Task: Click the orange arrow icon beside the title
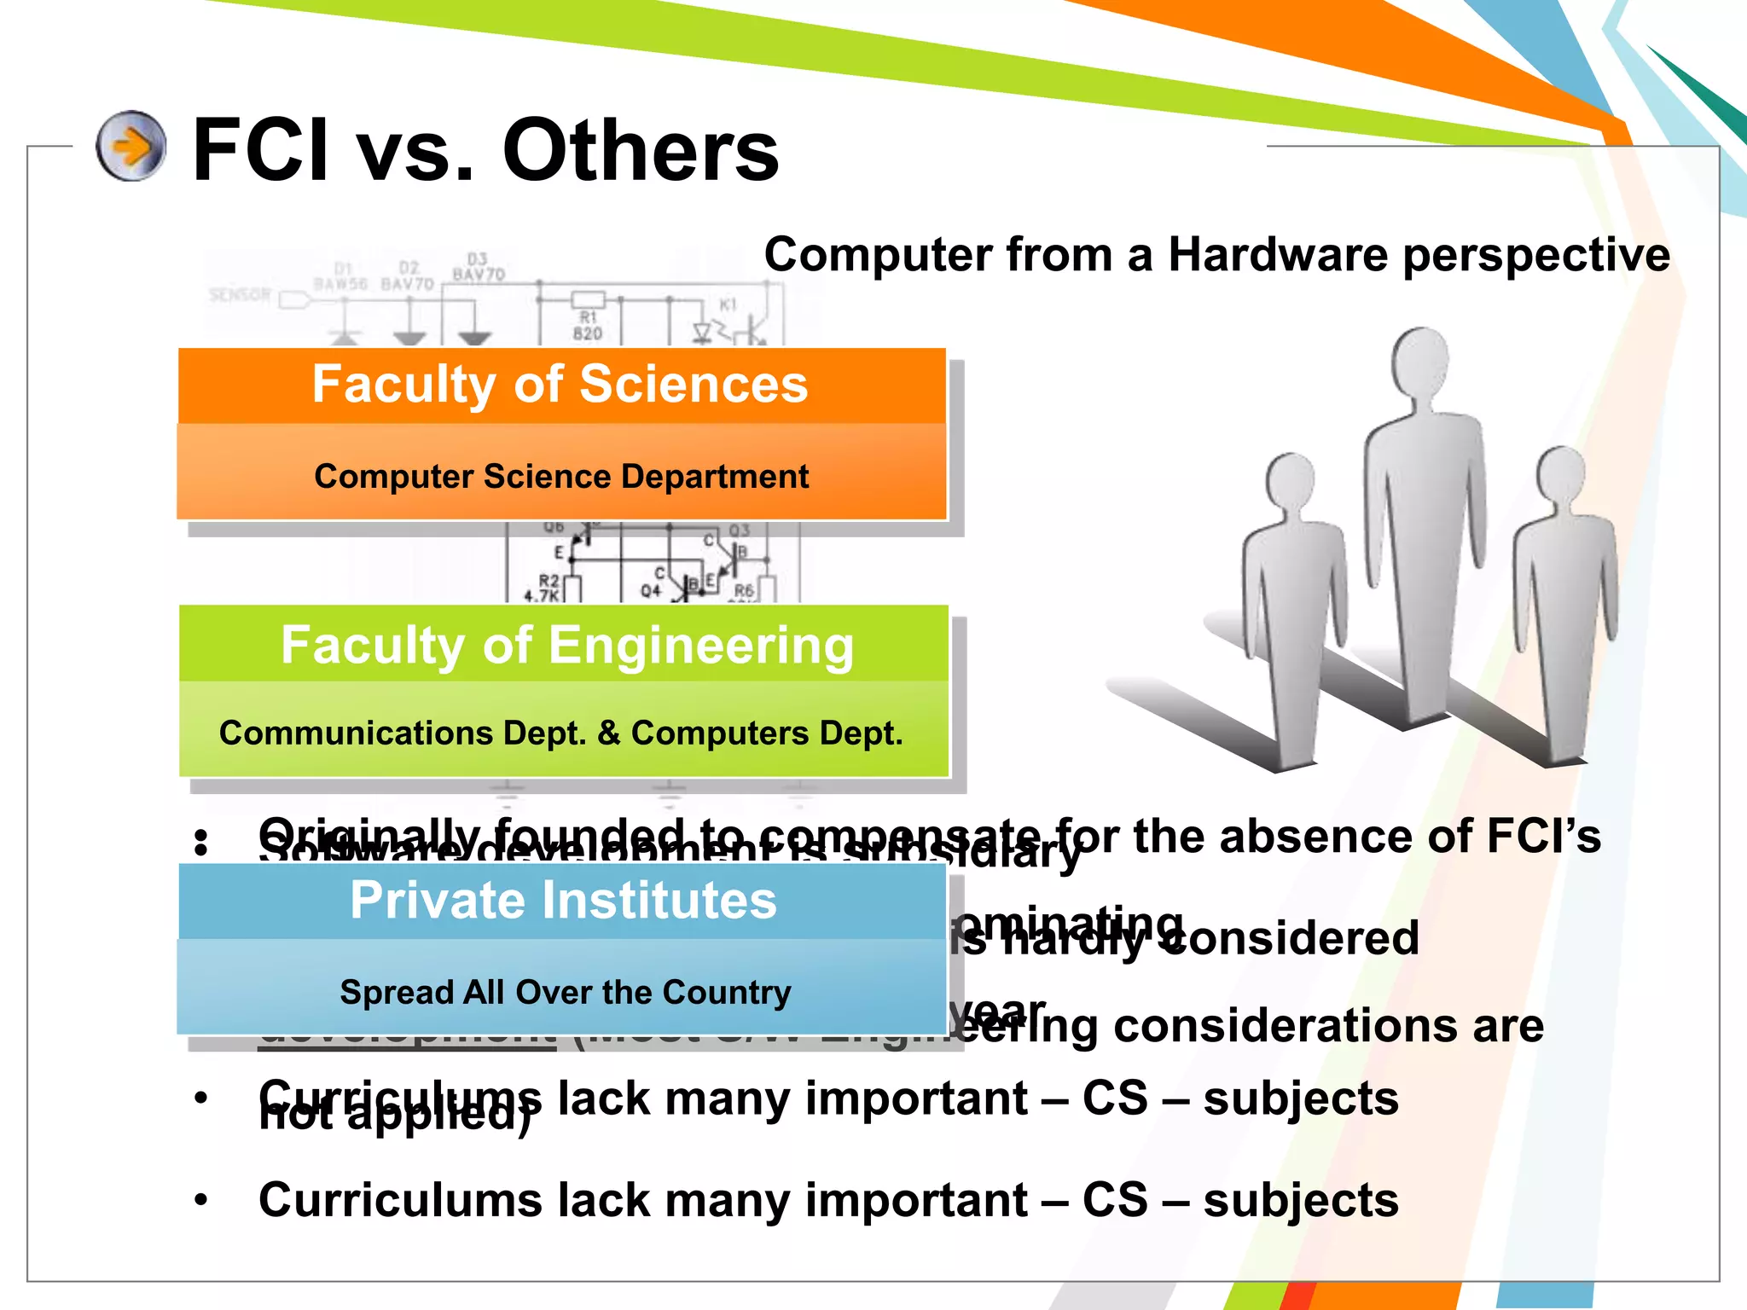[x=131, y=146]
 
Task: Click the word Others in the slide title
[x=641, y=151]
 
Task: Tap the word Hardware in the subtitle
[x=1278, y=254]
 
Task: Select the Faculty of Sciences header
[x=560, y=385]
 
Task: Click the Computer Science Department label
[x=561, y=476]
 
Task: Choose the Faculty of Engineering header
[x=567, y=645]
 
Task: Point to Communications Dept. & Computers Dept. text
[x=561, y=733]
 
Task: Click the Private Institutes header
[x=563, y=901]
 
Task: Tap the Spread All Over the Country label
[x=566, y=992]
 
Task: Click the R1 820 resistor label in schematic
[x=588, y=326]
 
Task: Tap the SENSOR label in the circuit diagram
[x=240, y=295]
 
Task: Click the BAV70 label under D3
[x=479, y=275]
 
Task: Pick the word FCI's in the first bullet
[x=1543, y=837]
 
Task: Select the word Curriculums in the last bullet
[x=400, y=1200]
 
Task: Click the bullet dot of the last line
[x=201, y=1201]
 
